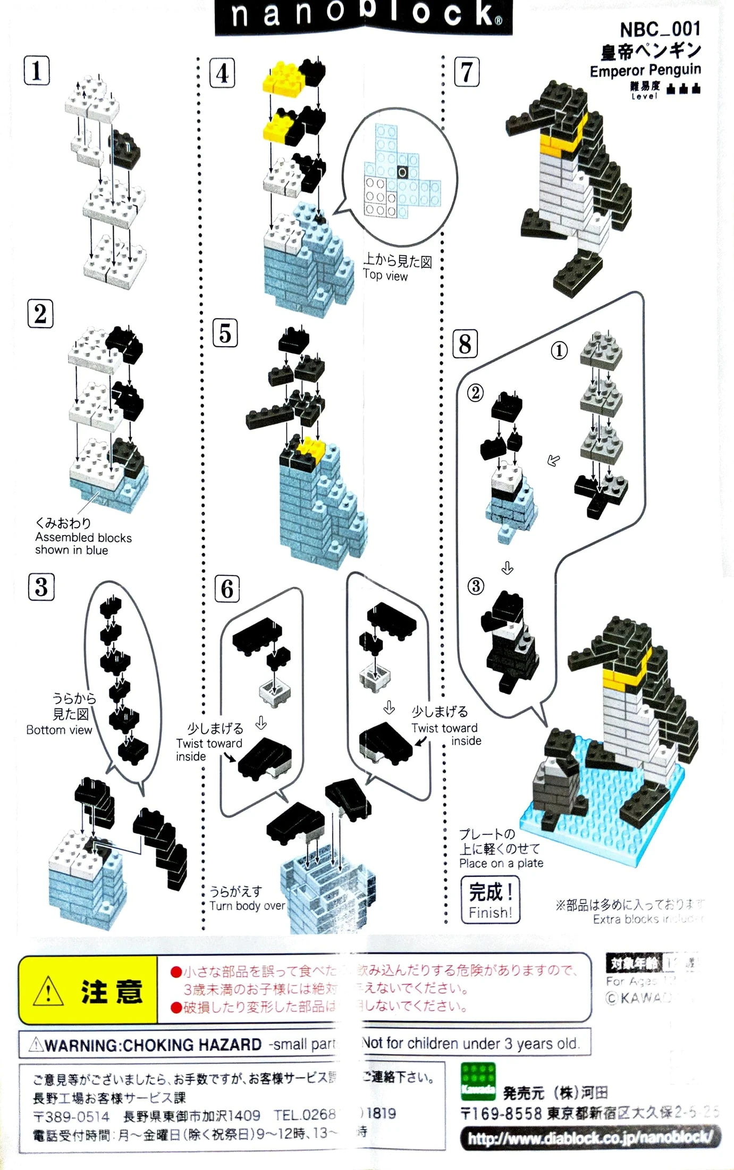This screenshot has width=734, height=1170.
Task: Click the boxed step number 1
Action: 37,70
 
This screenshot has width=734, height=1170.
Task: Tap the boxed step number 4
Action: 222,73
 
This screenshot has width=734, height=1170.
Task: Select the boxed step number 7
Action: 467,72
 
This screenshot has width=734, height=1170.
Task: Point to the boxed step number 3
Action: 41,587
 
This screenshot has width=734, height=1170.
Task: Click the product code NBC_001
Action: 660,29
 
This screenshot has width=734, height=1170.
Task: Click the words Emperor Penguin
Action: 645,70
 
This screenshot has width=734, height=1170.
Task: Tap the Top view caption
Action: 385,275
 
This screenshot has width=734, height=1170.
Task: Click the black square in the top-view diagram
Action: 402,172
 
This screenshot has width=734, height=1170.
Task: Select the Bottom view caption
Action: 59,730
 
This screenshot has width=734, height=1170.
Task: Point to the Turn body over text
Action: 247,906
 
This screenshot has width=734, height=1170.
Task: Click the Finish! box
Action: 490,900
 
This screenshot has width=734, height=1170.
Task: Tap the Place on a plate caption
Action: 501,863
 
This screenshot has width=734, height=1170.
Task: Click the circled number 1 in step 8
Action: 559,350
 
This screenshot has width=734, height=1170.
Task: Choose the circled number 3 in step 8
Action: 476,587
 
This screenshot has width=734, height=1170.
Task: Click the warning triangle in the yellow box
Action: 48,992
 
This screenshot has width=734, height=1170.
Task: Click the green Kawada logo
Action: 478,1082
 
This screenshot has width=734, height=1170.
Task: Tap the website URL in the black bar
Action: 590,1138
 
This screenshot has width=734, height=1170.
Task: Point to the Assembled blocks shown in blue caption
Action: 83,544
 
